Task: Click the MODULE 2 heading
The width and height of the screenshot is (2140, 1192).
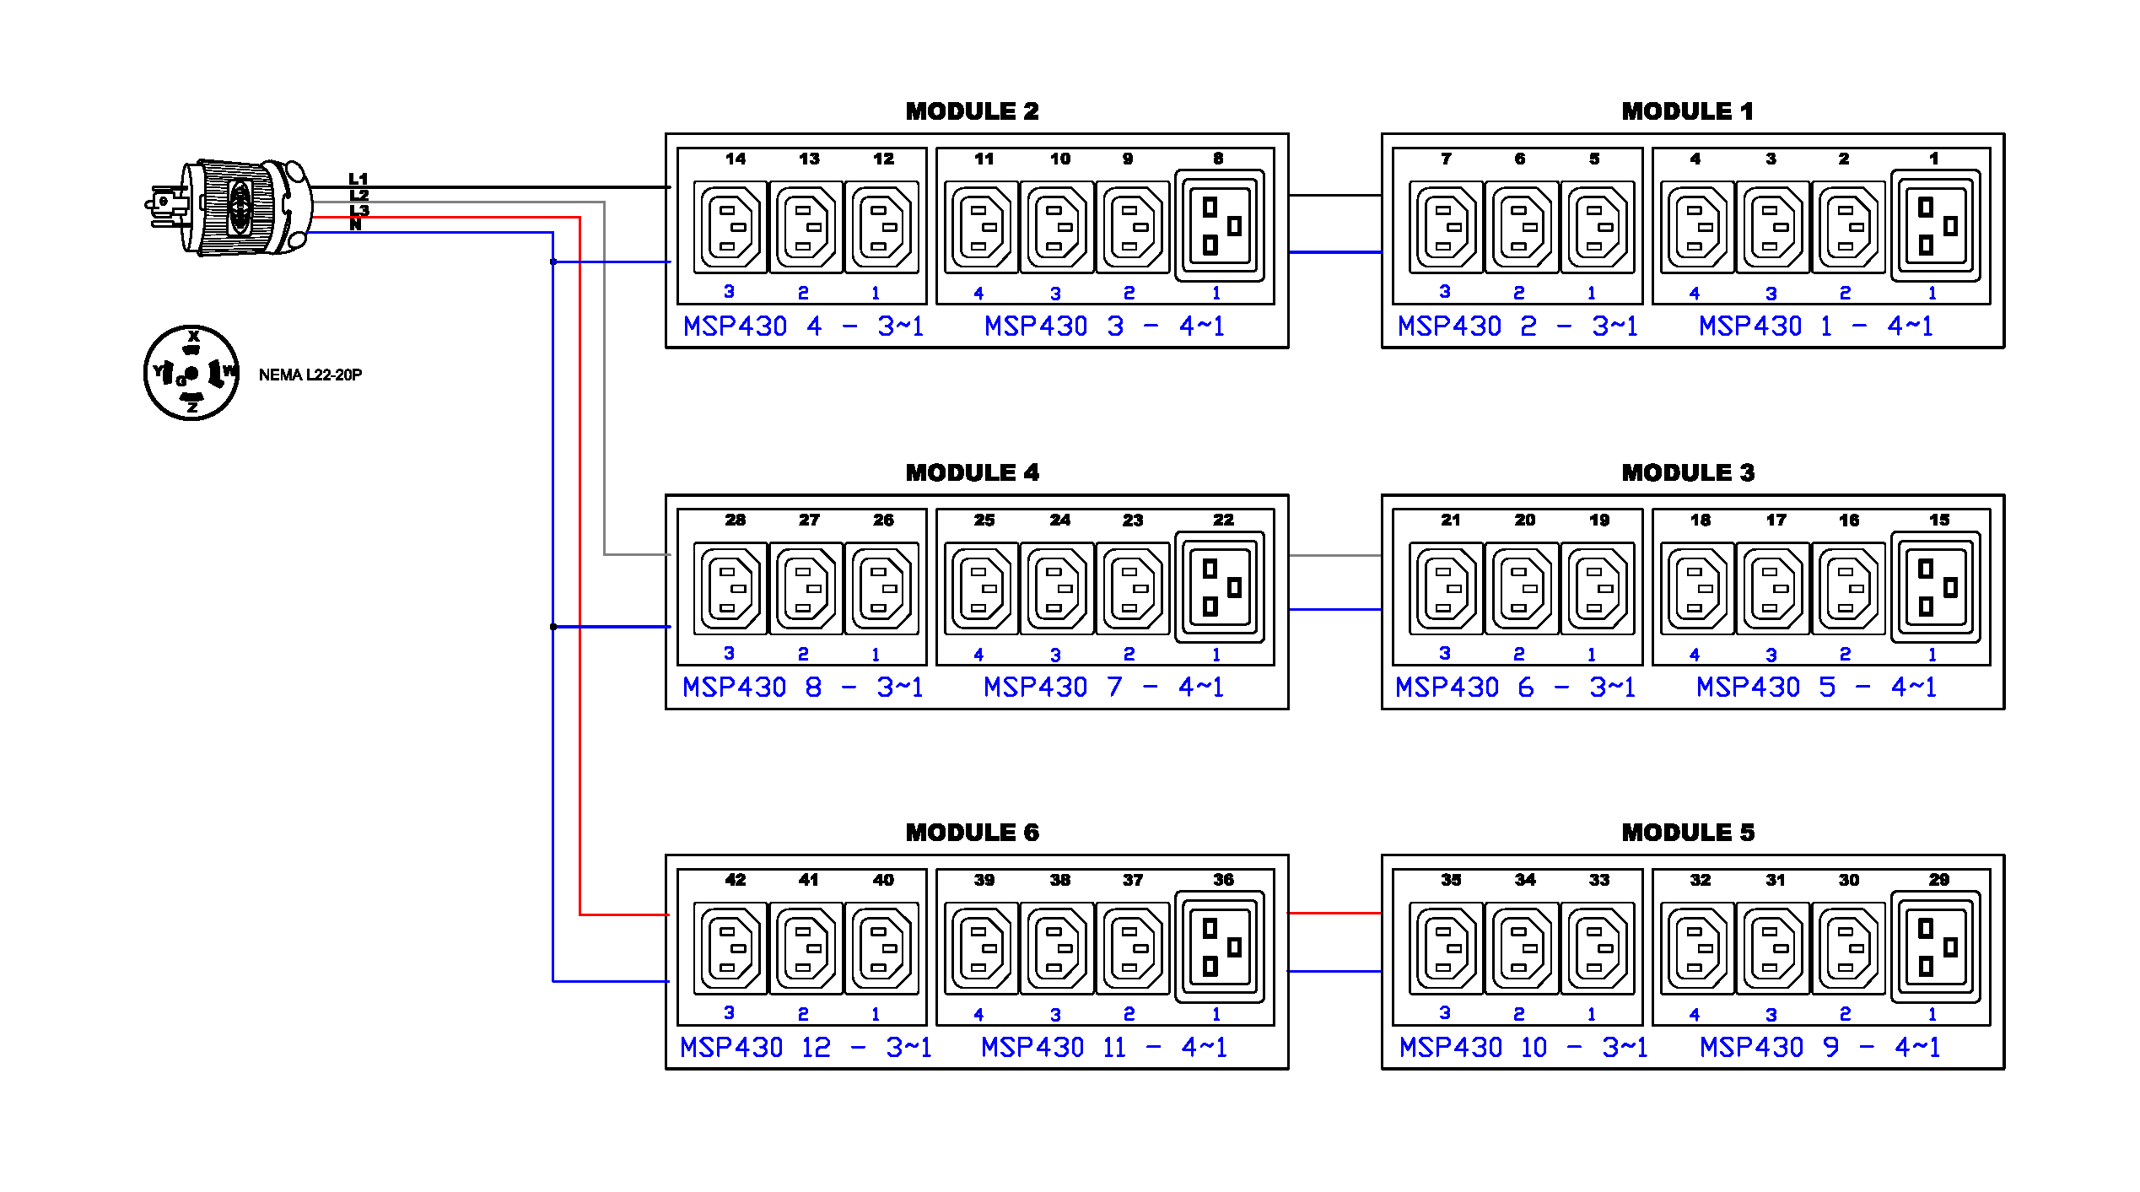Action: coord(972,111)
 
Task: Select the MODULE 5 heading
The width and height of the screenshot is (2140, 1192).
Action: coord(1688,833)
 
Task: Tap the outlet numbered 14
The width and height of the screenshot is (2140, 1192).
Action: coord(730,227)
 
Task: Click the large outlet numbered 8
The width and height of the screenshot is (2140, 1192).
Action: coord(1220,226)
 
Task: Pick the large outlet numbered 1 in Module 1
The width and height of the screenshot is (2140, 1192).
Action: coord(1936,226)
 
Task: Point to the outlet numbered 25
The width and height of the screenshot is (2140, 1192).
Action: coord(982,589)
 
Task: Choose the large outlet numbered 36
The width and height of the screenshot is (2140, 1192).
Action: coord(1220,948)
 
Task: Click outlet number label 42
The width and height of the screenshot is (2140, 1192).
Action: coord(735,880)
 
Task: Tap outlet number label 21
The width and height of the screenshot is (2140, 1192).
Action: coord(1450,520)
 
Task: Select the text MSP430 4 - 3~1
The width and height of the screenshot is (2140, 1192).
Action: coord(803,326)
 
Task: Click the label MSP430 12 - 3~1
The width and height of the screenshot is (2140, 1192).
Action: coord(806,1048)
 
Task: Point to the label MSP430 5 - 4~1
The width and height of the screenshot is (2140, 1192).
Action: coord(1816,688)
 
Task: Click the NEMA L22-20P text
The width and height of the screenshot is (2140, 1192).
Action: coord(310,375)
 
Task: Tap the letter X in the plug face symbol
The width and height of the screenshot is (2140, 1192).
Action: coord(193,336)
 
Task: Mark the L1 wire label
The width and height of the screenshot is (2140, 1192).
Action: coord(358,179)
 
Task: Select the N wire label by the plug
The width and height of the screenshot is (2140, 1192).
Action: coord(356,225)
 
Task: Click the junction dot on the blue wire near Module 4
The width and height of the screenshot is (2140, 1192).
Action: coord(553,627)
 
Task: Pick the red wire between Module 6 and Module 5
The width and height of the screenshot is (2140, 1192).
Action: coord(1334,913)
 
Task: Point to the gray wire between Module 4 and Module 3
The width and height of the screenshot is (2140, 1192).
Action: coord(1334,555)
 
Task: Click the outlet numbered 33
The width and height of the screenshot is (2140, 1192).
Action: coord(1597,948)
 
